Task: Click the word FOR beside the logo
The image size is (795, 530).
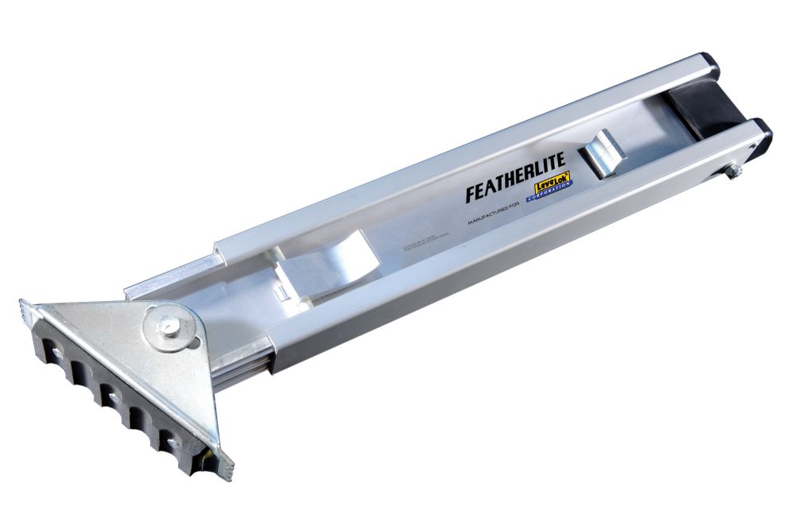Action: click(x=517, y=203)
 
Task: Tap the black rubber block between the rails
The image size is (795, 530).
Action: click(x=700, y=107)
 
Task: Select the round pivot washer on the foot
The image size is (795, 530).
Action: click(x=168, y=327)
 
